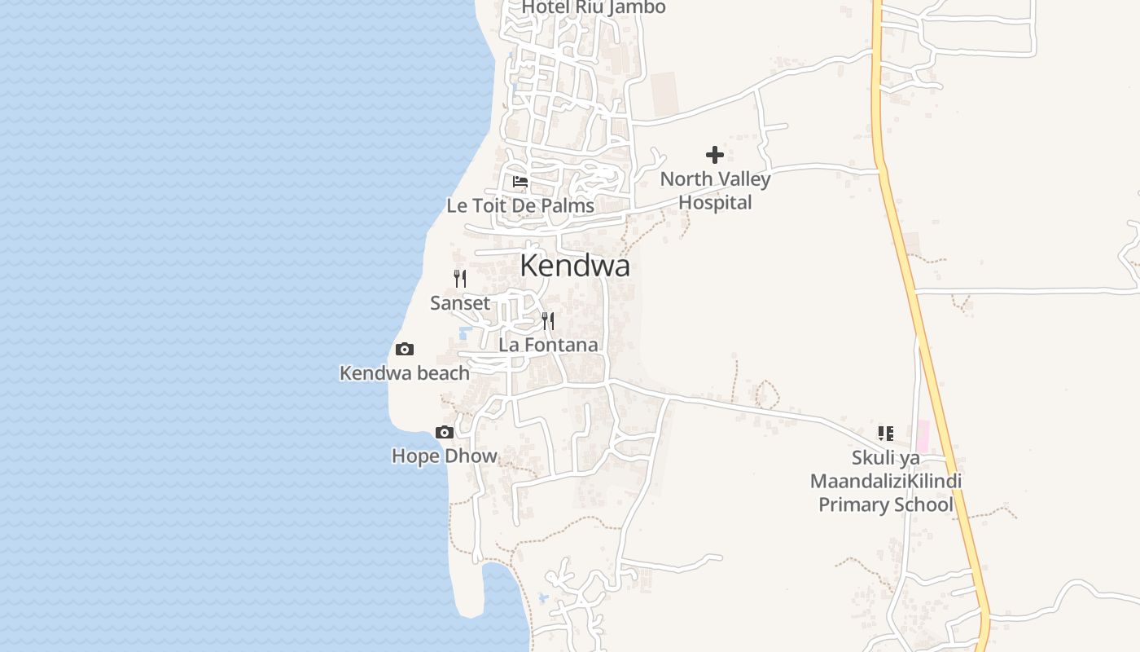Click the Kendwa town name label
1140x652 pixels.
point(575,267)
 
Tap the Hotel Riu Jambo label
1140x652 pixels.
point(594,7)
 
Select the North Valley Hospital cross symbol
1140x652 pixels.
point(715,155)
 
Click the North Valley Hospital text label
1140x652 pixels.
point(715,191)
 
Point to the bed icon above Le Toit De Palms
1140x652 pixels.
point(520,181)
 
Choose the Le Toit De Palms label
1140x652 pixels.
point(520,206)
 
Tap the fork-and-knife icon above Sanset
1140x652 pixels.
point(460,279)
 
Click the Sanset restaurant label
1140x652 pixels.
point(460,303)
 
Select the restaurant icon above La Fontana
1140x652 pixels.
point(548,320)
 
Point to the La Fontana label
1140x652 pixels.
point(548,345)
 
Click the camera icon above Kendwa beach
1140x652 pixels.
point(405,350)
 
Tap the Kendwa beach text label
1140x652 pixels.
point(405,373)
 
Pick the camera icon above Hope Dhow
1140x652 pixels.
point(445,432)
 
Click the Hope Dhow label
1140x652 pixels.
point(445,456)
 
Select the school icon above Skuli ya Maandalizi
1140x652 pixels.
point(886,434)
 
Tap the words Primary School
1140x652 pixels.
point(885,504)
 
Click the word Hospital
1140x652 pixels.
point(715,202)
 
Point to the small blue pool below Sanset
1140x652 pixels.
point(465,333)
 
